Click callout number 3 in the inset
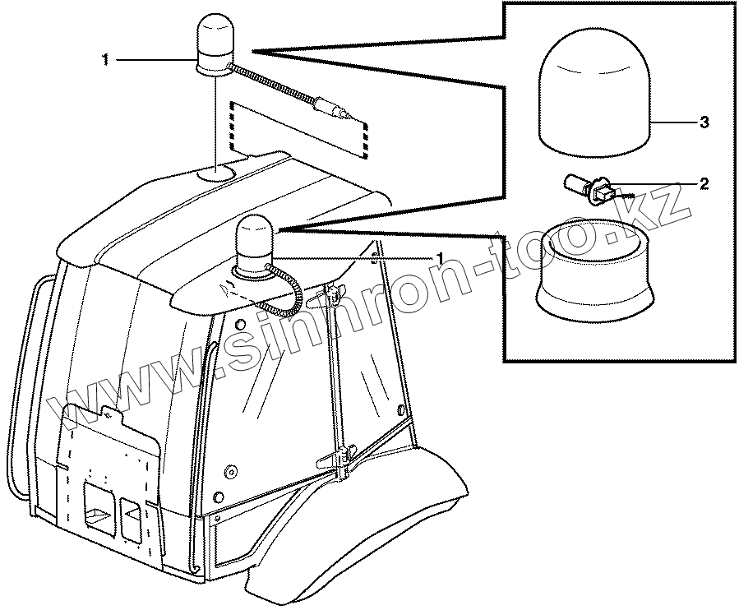pos(704,122)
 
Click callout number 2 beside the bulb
pos(704,183)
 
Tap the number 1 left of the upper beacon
pos(104,59)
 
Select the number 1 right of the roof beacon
pos(441,258)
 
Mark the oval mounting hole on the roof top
pos(218,173)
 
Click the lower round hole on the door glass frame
pos(219,497)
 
